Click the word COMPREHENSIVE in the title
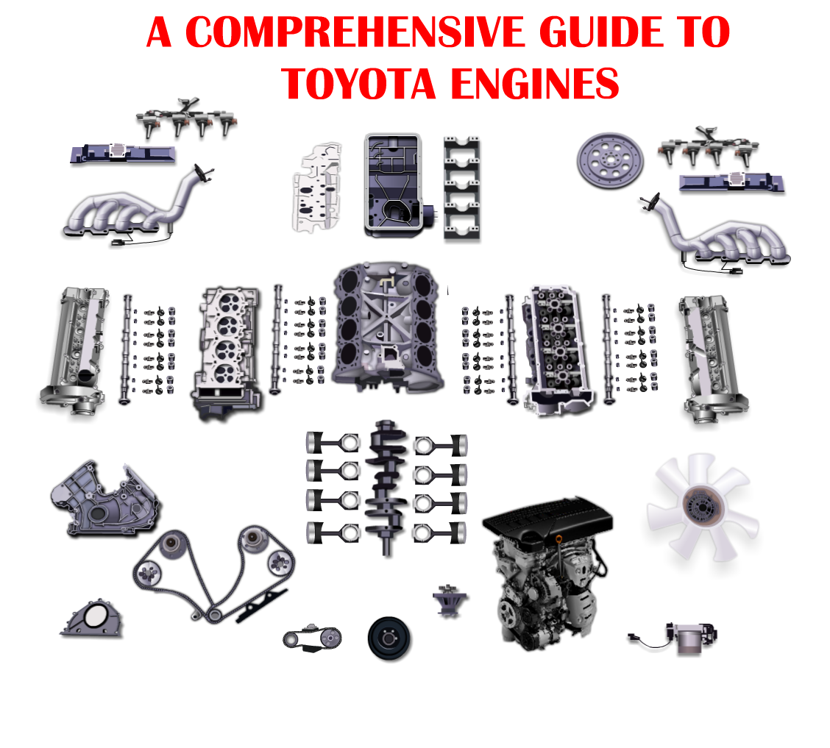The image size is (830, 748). pyautogui.click(x=350, y=32)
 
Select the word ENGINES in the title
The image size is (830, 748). pyautogui.click(x=534, y=84)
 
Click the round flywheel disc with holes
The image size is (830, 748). pyautogui.click(x=609, y=158)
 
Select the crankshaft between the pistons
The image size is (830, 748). pyautogui.click(x=387, y=485)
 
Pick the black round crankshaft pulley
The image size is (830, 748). pyautogui.click(x=389, y=638)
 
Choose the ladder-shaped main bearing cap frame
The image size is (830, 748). pyautogui.click(x=462, y=188)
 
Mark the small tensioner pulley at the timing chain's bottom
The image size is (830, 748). pyautogui.click(x=213, y=614)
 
